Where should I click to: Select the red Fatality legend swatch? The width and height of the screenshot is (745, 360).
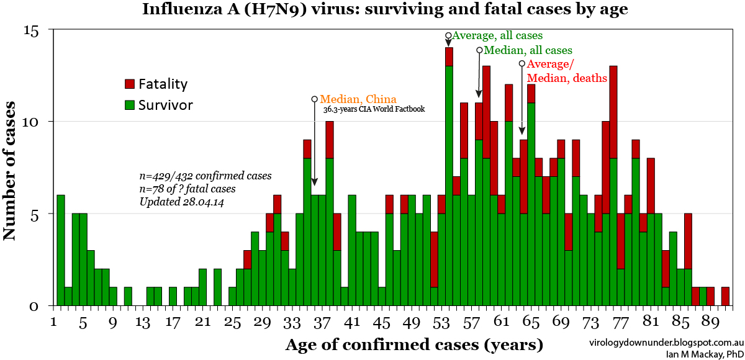pos(130,84)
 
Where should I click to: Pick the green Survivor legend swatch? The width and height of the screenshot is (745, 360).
pos(130,105)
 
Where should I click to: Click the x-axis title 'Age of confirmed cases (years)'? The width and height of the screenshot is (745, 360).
pos(414,344)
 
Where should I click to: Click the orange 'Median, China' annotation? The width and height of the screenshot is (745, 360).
pos(358,99)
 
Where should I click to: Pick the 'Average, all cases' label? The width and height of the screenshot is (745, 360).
pos(497,35)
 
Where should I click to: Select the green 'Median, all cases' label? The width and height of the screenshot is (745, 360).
pos(528,50)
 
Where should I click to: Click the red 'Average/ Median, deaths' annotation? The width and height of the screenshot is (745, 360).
pos(566,71)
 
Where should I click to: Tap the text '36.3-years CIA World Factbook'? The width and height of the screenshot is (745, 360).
pos(374,110)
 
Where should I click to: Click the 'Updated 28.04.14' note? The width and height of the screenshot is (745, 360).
pos(179,202)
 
